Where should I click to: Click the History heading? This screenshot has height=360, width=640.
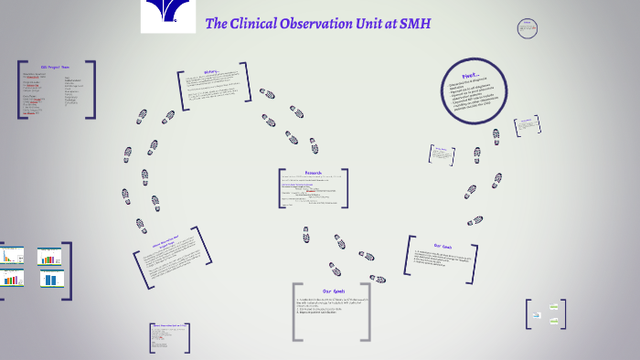tap(211, 72)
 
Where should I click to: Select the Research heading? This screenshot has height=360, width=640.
tap(314, 173)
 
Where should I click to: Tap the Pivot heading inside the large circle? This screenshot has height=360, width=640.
tap(468, 77)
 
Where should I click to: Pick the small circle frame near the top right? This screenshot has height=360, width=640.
tap(528, 28)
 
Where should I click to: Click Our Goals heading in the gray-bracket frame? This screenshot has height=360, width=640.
tap(333, 291)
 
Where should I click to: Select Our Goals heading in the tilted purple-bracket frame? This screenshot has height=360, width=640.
tap(443, 246)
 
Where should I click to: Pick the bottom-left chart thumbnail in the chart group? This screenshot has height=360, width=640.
tap(12, 278)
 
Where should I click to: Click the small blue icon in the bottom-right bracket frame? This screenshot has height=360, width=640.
tap(537, 315)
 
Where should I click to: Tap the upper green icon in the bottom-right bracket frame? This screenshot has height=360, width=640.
tap(553, 306)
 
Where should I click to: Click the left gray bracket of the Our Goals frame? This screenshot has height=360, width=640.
tap(296, 311)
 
